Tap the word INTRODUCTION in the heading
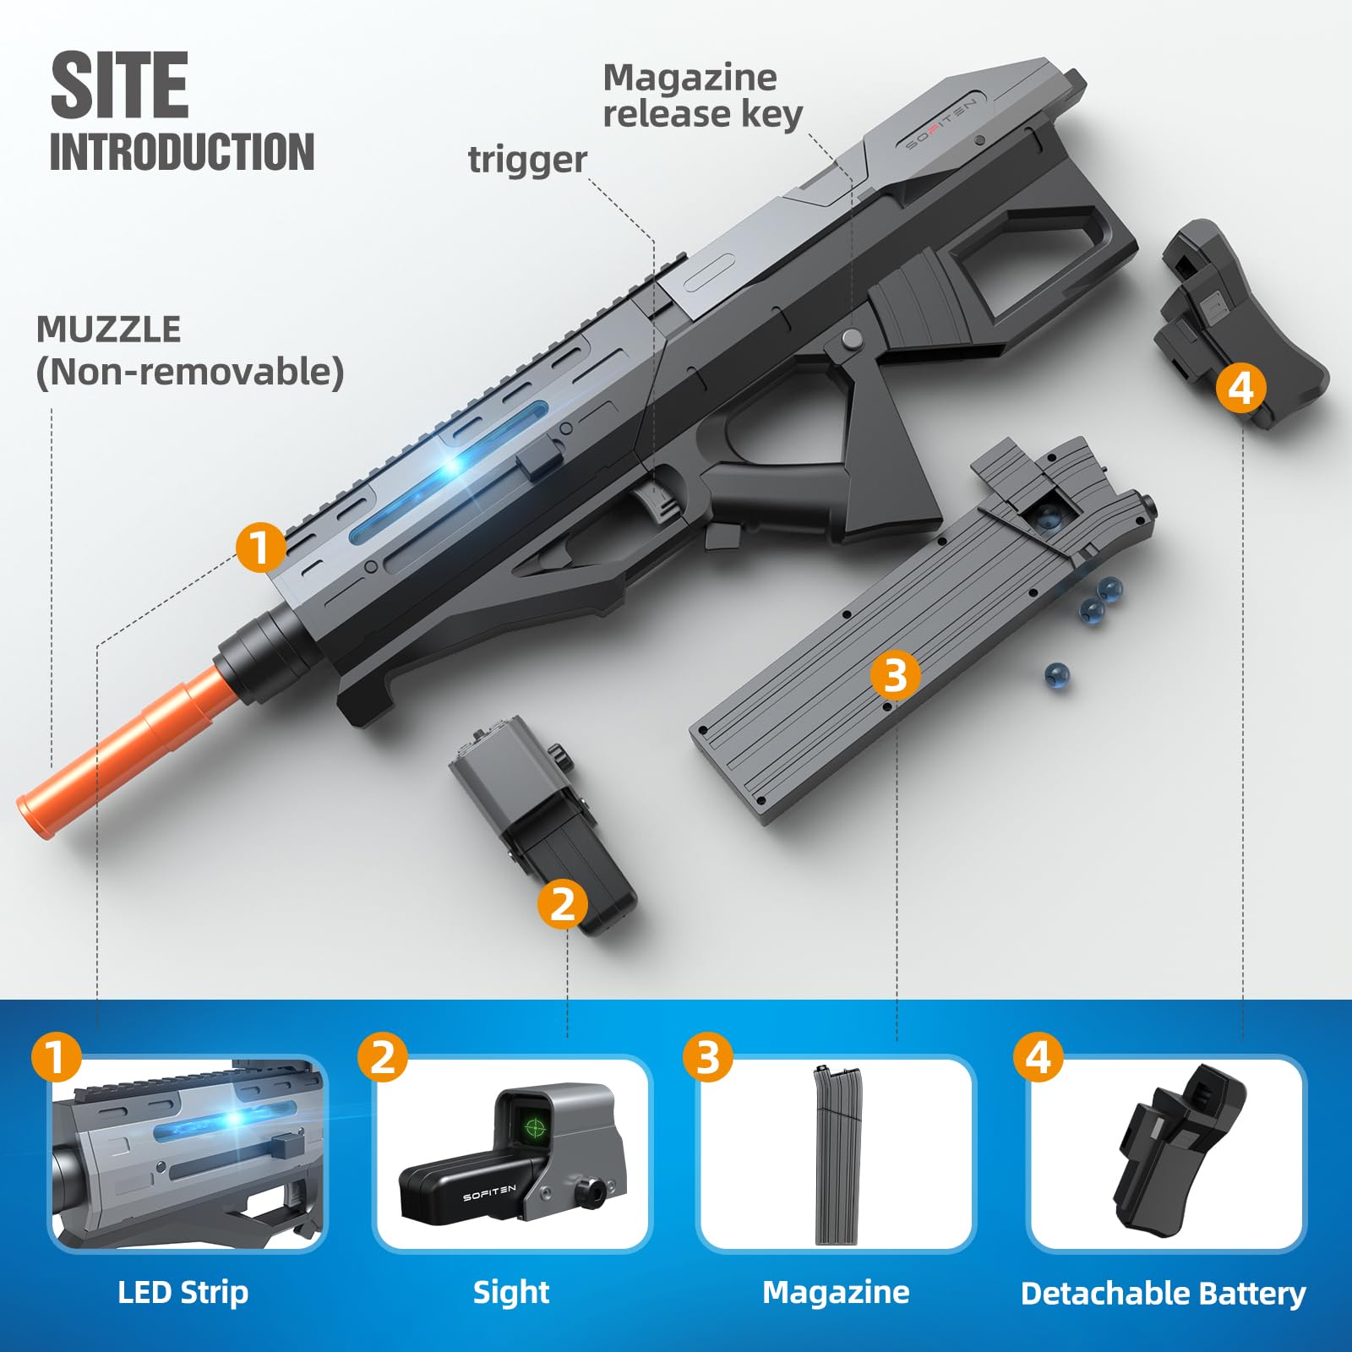tap(182, 152)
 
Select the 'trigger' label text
tap(527, 160)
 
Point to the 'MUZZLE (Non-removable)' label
tap(189, 352)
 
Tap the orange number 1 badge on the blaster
tap(260, 547)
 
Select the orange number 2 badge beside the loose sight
tap(562, 903)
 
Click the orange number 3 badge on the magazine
tap(895, 674)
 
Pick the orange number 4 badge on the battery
tap(1240, 388)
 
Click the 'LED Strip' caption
tap(183, 1292)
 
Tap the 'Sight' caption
tap(511, 1292)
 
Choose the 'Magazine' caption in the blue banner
tap(836, 1292)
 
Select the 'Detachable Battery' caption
tap(1163, 1294)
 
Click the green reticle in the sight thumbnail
tap(534, 1126)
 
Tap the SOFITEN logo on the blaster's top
tap(940, 123)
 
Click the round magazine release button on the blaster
tap(852, 339)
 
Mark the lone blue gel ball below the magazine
tap(1056, 673)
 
